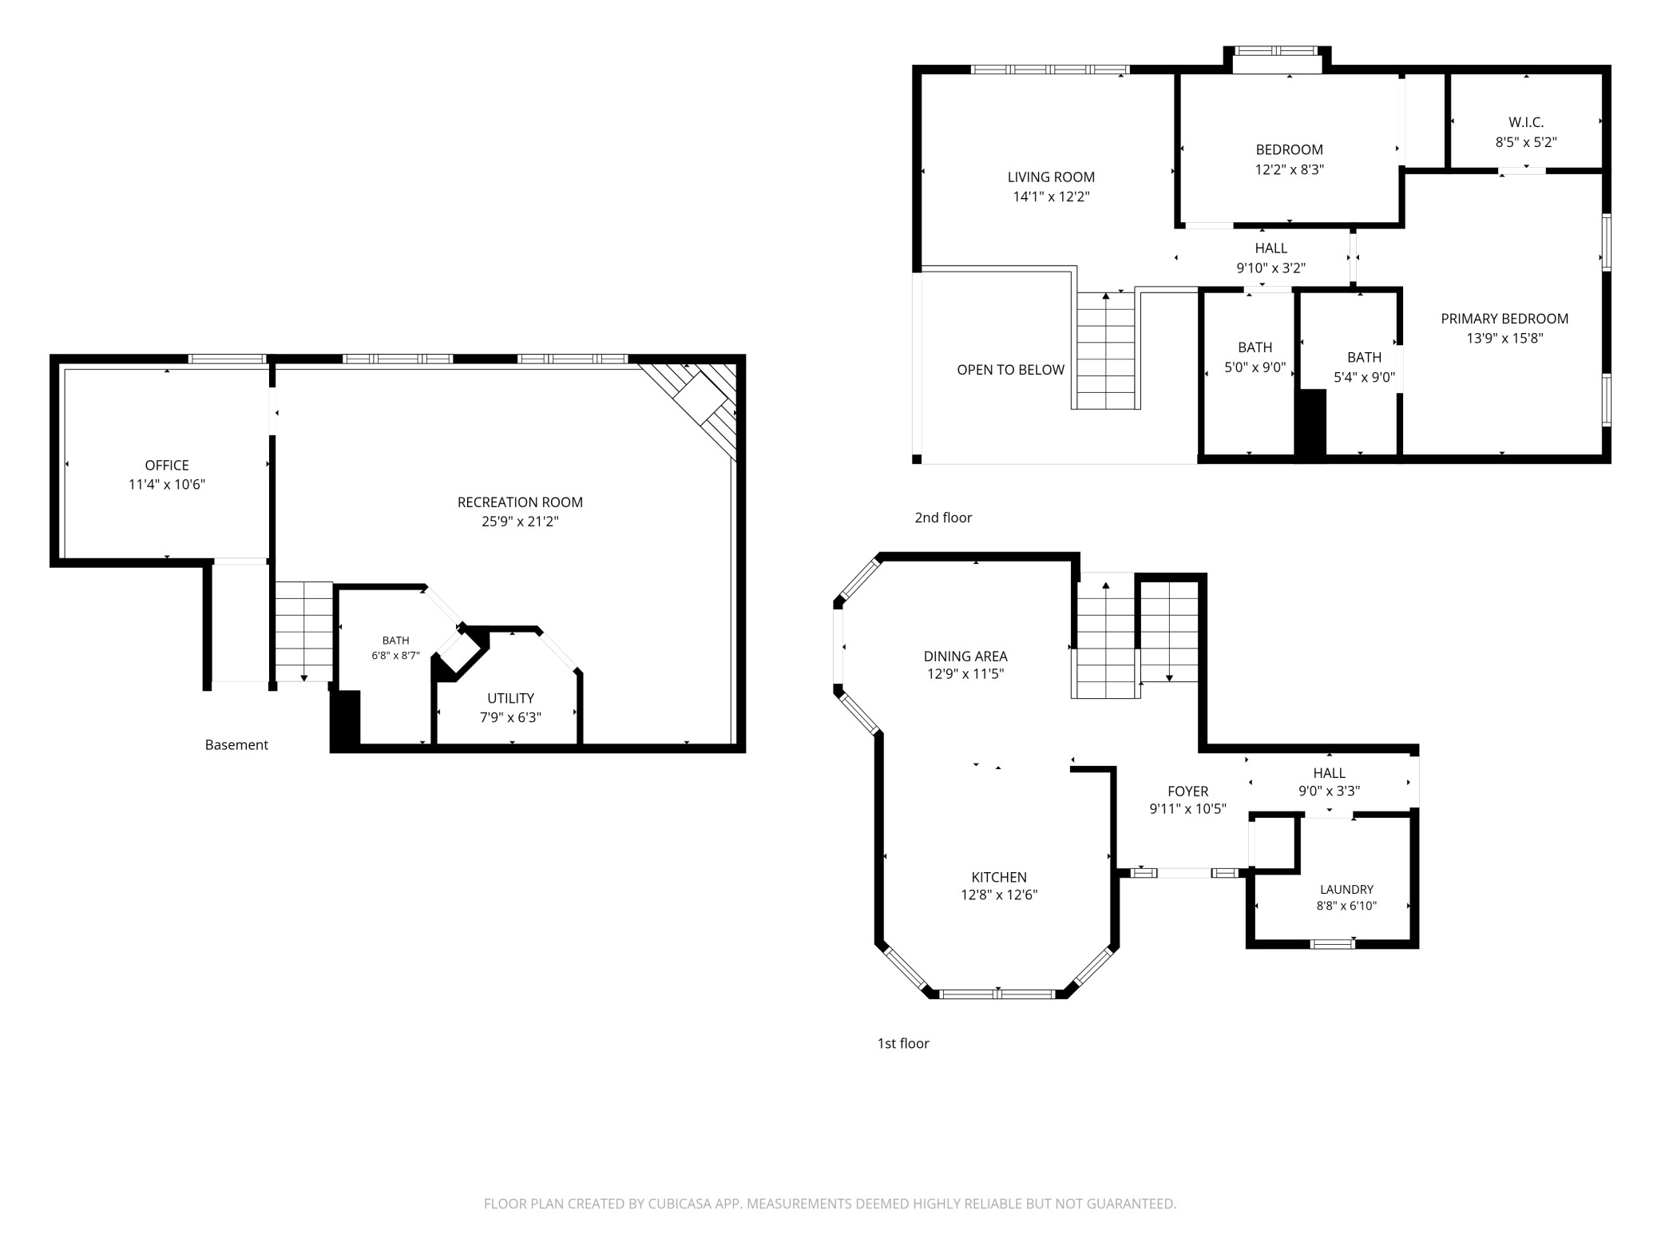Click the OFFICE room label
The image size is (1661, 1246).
(167, 465)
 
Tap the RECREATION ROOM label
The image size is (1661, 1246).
(520, 502)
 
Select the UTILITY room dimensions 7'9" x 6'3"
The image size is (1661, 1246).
(510, 717)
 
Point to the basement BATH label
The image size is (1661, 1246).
(395, 641)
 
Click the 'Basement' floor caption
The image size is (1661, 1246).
(236, 744)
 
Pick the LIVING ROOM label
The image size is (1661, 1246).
(1051, 177)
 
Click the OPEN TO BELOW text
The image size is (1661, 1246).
(1010, 370)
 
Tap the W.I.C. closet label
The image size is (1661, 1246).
(1526, 122)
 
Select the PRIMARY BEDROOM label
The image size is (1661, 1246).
(1504, 319)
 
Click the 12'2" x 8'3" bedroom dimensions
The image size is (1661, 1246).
(1289, 169)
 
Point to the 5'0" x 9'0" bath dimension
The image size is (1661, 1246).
(1255, 367)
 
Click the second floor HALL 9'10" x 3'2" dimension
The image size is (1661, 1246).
(1271, 268)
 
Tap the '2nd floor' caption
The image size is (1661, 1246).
(943, 518)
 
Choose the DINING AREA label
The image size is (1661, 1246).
(965, 657)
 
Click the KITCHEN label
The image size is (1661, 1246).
(999, 877)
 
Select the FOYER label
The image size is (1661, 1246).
(1187, 792)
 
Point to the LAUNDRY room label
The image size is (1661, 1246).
(1346, 890)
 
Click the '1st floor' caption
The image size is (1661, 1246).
(903, 1043)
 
